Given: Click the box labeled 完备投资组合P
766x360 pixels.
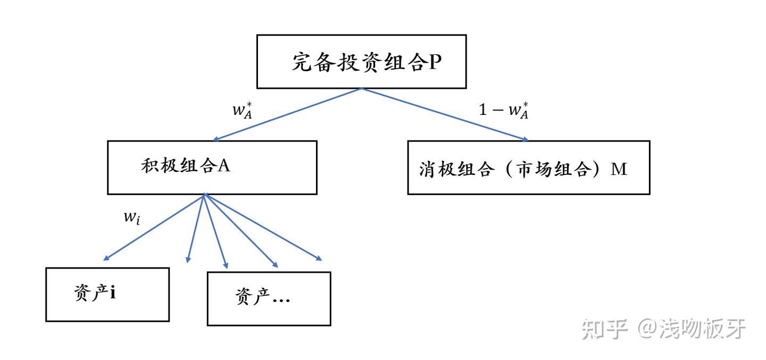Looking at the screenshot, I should [x=361, y=61].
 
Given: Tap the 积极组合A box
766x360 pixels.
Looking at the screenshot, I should [x=212, y=167].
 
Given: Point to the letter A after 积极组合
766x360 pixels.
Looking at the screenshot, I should [x=224, y=165].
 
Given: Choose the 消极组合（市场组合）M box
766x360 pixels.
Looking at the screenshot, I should [x=528, y=168].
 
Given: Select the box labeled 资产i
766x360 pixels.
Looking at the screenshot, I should [x=107, y=294].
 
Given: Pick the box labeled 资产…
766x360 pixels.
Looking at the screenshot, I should [x=269, y=298].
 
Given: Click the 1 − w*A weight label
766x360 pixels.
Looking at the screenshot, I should [x=504, y=111].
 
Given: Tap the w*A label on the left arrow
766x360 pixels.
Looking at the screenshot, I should [x=241, y=111].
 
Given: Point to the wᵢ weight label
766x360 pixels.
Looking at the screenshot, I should [x=132, y=218].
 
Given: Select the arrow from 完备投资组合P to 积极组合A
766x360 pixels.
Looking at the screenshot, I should [x=287, y=114].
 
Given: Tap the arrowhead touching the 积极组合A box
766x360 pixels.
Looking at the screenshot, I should [x=216, y=139].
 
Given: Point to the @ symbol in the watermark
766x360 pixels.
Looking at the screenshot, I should [x=647, y=330].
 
